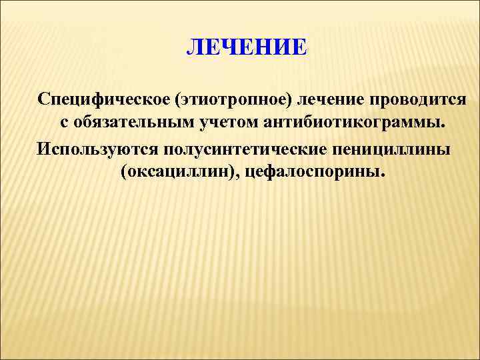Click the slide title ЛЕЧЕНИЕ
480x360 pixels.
point(247,48)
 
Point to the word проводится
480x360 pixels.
point(420,99)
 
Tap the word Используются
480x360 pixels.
point(95,149)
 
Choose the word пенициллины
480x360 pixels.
point(393,149)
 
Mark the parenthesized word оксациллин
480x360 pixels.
point(180,173)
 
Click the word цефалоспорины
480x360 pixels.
point(313,173)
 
